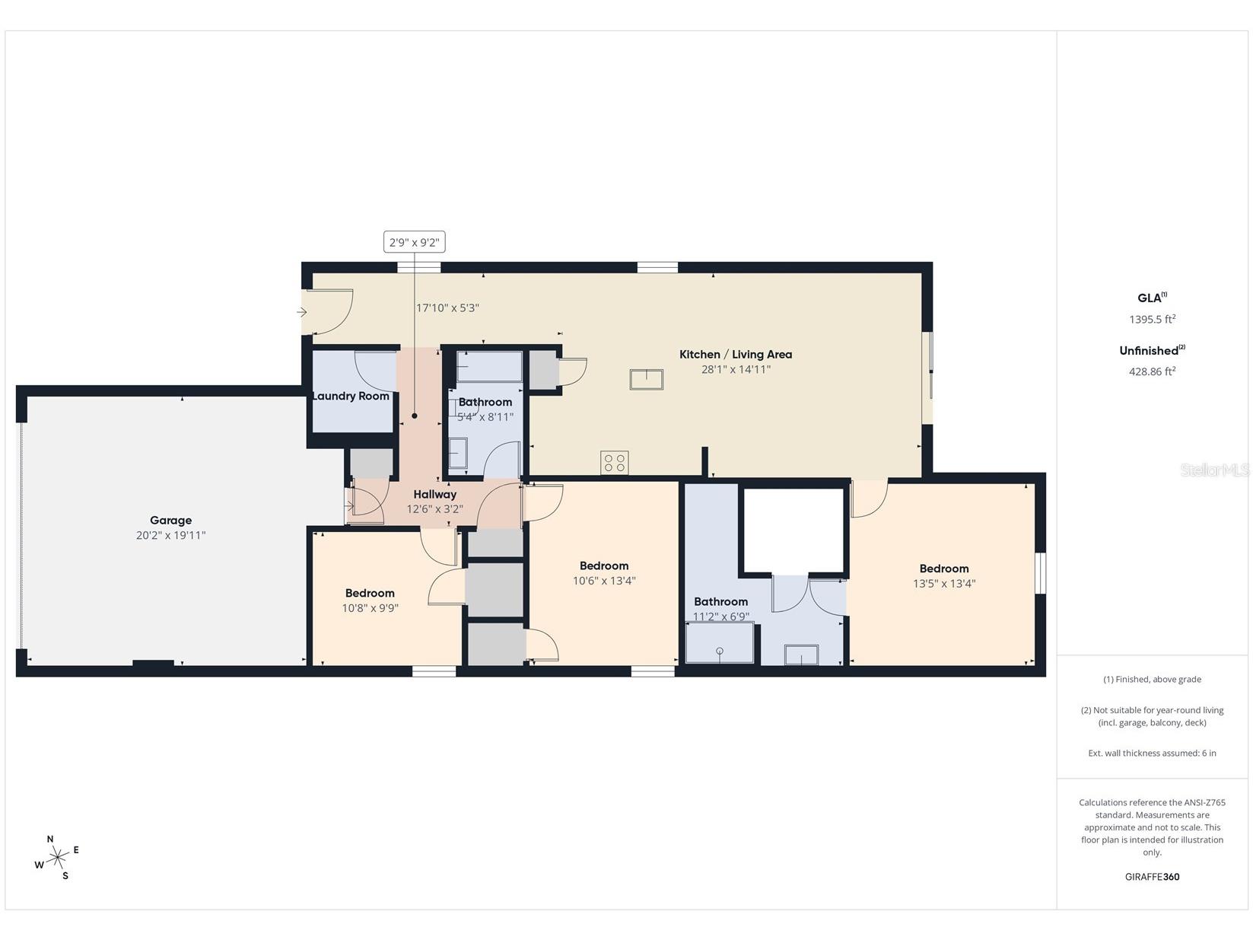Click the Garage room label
pos(170,521)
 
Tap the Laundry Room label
pos(351,396)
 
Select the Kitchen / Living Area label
pos(735,354)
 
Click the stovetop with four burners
pos(614,463)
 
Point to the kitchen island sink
pos(646,379)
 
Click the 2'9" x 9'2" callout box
pos(415,242)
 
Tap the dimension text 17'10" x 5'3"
pos(447,307)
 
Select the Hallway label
pos(435,495)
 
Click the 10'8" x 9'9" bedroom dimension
pos(370,608)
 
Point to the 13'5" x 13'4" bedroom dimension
pos(944,584)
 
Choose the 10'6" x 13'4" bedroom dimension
pos(604,581)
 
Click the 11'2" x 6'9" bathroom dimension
pos(721,617)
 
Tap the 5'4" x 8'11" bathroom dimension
pos(485,417)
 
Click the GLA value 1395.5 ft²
pos(1152,319)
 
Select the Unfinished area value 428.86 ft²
pos(1152,371)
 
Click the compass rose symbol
pos(57,857)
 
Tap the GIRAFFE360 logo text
pos(1152,877)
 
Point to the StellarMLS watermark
pos(1214,470)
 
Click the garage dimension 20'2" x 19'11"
pos(170,535)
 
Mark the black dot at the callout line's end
pos(415,416)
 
